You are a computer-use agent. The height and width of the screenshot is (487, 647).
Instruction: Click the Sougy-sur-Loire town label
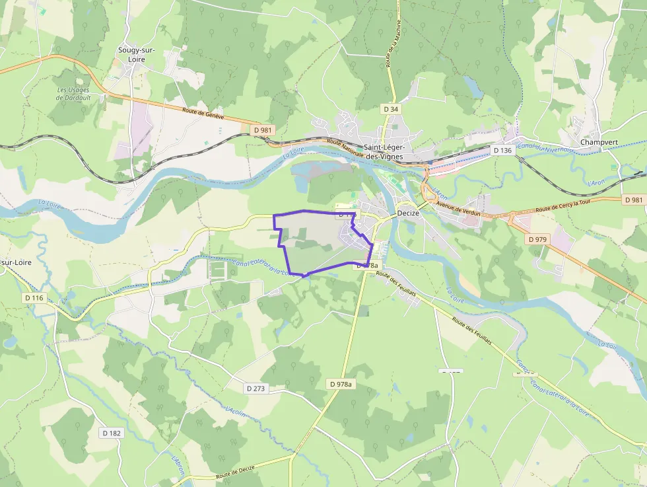click(x=131, y=54)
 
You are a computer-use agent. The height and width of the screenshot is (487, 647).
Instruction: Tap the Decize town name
click(x=409, y=213)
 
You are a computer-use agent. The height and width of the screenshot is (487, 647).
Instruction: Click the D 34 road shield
click(x=391, y=108)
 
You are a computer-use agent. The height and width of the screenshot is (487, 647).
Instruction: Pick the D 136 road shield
click(x=503, y=151)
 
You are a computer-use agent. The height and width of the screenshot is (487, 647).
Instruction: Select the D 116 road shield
click(x=34, y=298)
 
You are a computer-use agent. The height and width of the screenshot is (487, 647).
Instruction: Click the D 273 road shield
click(x=254, y=389)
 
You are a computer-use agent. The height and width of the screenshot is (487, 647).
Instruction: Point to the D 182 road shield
click(x=112, y=433)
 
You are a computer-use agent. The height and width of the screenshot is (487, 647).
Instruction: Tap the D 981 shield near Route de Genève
click(x=263, y=130)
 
